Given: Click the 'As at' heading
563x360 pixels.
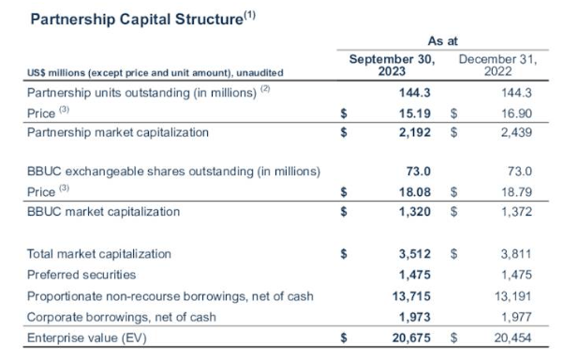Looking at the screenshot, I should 442,41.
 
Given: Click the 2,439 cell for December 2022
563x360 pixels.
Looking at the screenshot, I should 517,132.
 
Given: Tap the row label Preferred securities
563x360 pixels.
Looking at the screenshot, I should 81,275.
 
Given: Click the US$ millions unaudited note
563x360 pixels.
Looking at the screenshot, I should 155,72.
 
